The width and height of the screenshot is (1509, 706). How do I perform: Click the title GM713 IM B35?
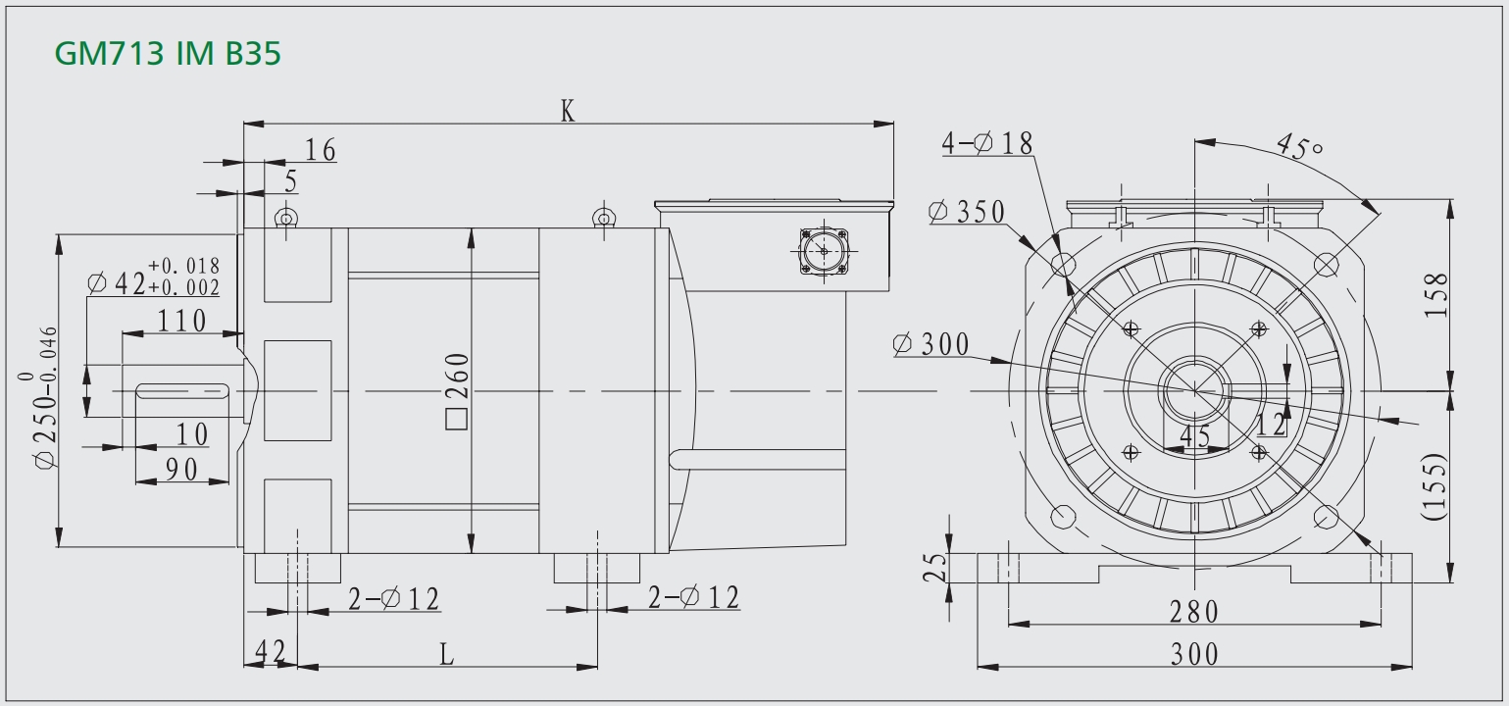click(167, 53)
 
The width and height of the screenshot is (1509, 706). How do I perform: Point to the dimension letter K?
click(568, 111)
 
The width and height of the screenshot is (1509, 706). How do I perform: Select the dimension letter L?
click(447, 654)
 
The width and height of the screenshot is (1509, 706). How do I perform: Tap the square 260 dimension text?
click(457, 390)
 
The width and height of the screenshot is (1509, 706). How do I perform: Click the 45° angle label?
click(1299, 146)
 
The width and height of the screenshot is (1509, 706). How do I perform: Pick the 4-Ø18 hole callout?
click(987, 143)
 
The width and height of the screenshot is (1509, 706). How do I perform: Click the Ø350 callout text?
click(967, 212)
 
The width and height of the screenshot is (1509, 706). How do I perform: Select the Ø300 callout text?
click(931, 344)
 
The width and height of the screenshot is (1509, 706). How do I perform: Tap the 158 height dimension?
click(1435, 294)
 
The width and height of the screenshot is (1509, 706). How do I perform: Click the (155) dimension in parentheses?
click(1434, 486)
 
